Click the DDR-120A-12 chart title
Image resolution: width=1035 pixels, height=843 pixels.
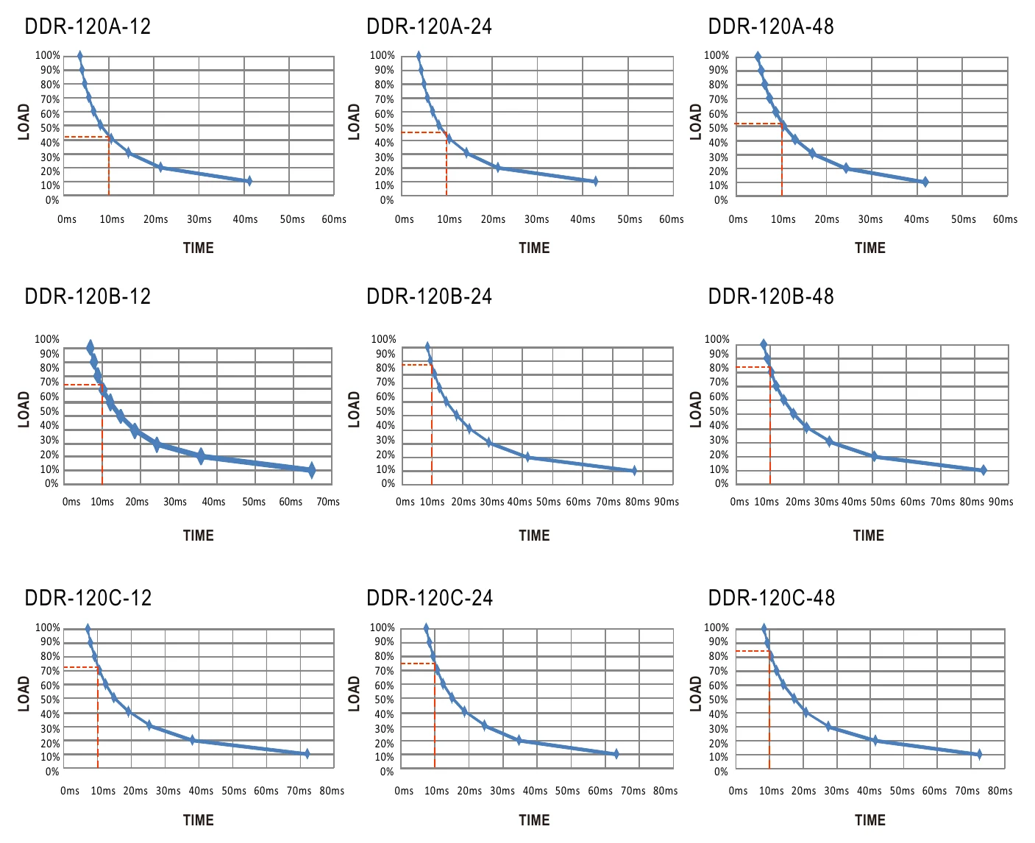click(88, 26)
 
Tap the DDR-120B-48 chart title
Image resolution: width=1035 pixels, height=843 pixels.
click(771, 296)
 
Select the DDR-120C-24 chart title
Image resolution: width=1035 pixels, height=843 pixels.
click(430, 597)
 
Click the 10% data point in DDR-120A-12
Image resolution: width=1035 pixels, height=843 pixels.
click(249, 181)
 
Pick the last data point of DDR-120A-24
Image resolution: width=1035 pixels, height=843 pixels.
click(595, 181)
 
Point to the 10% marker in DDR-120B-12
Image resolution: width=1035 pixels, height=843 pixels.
click(311, 470)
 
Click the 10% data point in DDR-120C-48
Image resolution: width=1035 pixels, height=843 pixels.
click(979, 754)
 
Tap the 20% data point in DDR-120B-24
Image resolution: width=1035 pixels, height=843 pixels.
click(527, 458)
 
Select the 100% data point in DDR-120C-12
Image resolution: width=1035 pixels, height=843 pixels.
click(88, 629)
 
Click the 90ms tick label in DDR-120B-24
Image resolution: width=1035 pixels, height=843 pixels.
click(666, 502)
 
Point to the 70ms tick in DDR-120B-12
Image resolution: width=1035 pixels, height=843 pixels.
click(328, 502)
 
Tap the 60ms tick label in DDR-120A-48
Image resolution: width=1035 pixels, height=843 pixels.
click(1005, 219)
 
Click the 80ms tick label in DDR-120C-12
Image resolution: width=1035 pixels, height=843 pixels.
click(332, 791)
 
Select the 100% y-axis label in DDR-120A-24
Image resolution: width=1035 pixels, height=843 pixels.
click(383, 55)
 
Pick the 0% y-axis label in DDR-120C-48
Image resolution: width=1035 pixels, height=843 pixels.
click(721, 771)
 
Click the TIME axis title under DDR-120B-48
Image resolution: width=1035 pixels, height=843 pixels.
click(869, 536)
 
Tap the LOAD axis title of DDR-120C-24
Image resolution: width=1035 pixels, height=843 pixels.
click(355, 694)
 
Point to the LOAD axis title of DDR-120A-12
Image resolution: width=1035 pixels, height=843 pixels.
click(24, 121)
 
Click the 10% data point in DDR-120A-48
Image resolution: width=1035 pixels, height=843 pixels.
click(925, 182)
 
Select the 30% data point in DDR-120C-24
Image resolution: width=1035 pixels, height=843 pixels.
click(485, 725)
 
